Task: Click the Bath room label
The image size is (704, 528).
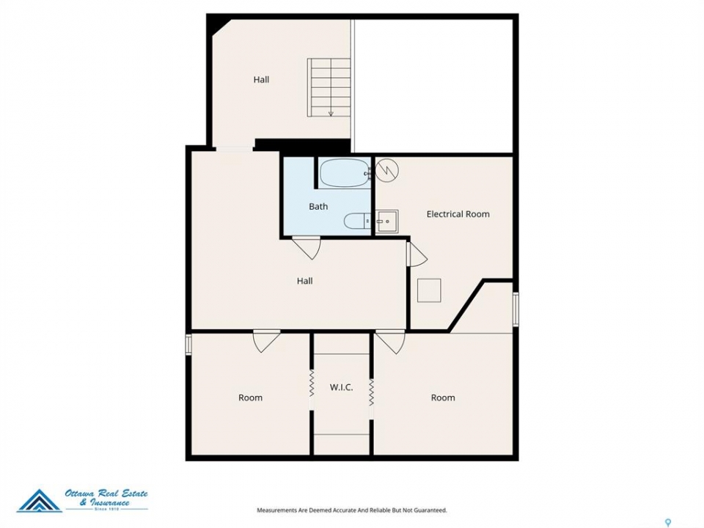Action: pyautogui.click(x=318, y=207)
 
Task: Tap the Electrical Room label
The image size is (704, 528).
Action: pyautogui.click(x=458, y=214)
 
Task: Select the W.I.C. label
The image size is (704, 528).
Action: pyautogui.click(x=341, y=387)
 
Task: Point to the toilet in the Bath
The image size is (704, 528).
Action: pyautogui.click(x=357, y=221)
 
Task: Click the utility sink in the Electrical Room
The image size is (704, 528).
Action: pyautogui.click(x=386, y=221)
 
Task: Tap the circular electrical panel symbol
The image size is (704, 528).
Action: pyautogui.click(x=386, y=170)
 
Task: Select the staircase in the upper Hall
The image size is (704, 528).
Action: pyautogui.click(x=329, y=87)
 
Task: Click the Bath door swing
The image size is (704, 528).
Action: pyautogui.click(x=307, y=248)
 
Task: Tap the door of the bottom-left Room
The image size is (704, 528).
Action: pyautogui.click(x=267, y=341)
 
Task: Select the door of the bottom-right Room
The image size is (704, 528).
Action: pyautogui.click(x=391, y=342)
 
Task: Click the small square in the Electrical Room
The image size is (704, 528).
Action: pyautogui.click(x=429, y=290)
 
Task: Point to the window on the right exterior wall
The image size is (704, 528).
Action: pyautogui.click(x=516, y=309)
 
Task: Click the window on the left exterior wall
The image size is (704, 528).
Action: pyautogui.click(x=188, y=345)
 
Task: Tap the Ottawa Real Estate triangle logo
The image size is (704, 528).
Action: pyautogui.click(x=40, y=501)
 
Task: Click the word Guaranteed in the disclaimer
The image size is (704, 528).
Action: pyautogui.click(x=430, y=510)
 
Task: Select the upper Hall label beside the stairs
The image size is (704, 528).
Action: pyautogui.click(x=261, y=80)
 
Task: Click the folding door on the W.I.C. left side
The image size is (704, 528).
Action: pyautogui.click(x=311, y=384)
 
